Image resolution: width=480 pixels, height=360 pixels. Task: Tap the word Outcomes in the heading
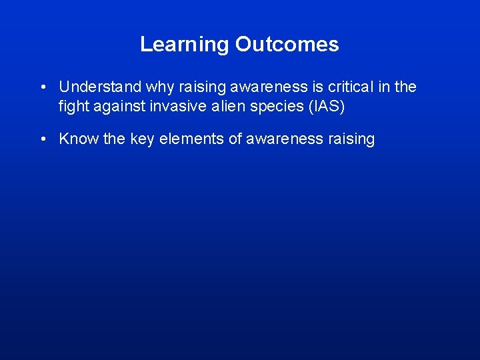tap(287, 45)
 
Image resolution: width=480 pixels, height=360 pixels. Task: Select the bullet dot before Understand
tap(43, 87)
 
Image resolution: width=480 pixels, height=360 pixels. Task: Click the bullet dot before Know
tap(43, 139)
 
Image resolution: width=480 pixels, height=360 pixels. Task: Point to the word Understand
tap(100, 87)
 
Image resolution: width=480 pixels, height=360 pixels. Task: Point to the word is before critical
tap(317, 87)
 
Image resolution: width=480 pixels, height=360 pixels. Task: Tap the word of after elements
tap(234, 139)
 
